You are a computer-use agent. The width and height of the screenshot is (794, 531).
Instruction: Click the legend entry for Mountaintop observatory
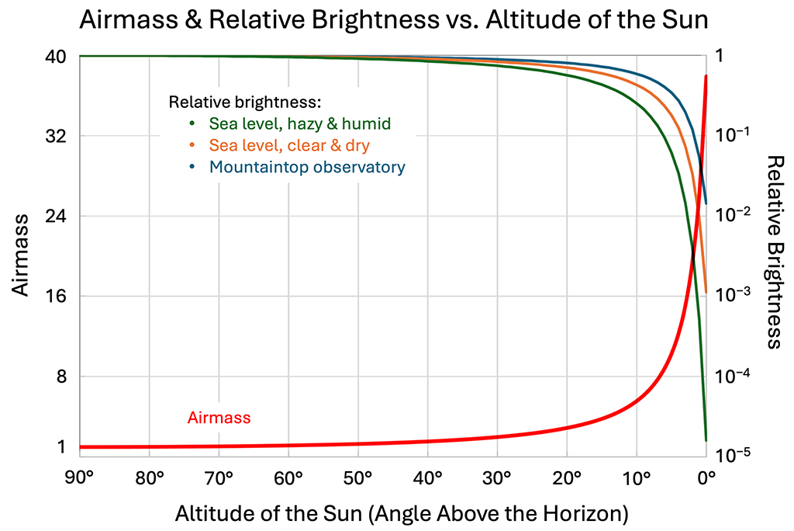[x=307, y=167]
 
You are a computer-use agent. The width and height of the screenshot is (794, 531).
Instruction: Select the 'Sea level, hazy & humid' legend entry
[x=299, y=123]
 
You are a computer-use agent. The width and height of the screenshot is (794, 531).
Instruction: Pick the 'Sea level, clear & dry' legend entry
[x=289, y=145]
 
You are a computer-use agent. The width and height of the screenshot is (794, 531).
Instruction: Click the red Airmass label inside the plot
[x=219, y=418]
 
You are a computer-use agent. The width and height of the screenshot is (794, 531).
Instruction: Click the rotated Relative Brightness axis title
[x=772, y=252]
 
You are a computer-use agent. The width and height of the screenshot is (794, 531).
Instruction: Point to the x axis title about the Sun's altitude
[x=401, y=513]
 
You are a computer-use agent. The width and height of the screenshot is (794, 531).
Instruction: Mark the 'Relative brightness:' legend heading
[x=245, y=102]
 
